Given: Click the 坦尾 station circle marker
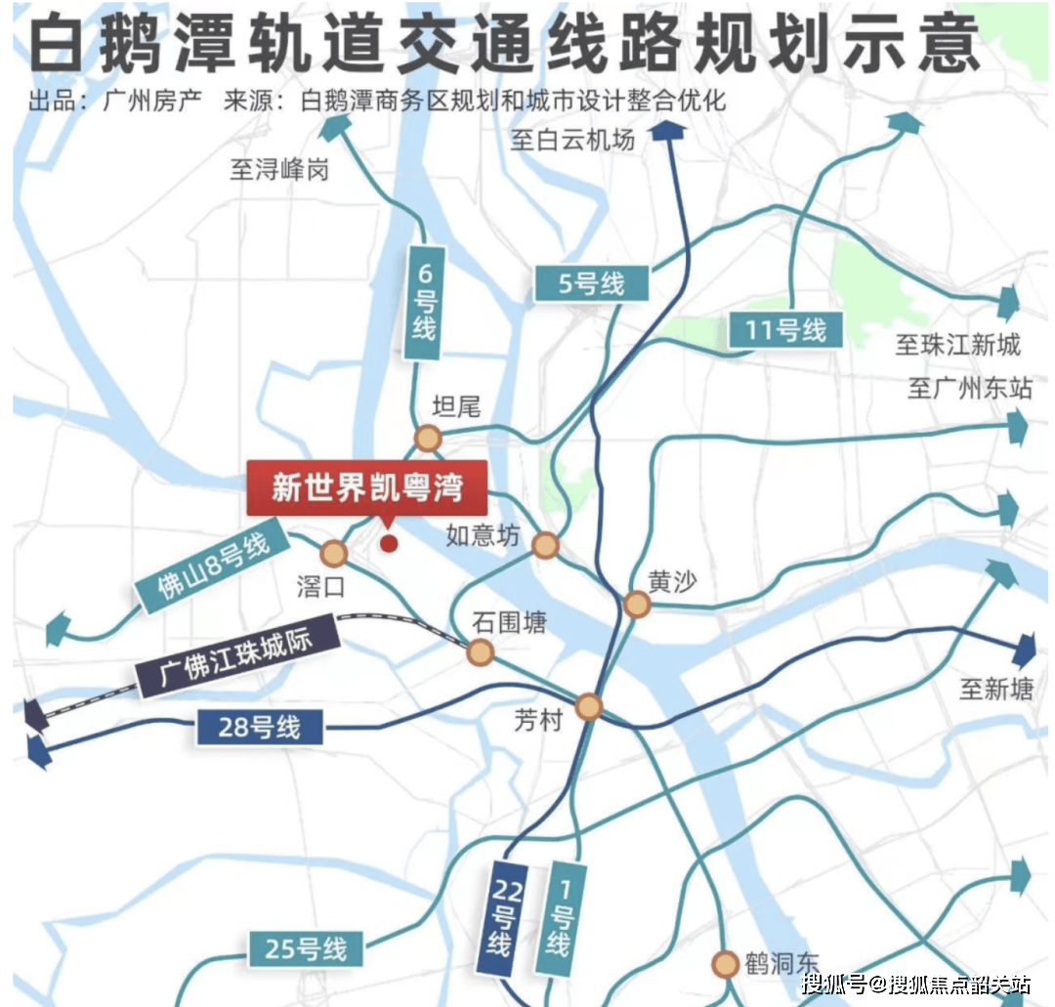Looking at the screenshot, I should point(428,439).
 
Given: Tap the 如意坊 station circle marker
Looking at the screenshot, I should point(545,545).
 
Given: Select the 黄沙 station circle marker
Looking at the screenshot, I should point(637,605).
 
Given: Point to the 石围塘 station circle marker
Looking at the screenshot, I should point(480,652).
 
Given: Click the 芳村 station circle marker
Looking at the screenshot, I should point(589,705).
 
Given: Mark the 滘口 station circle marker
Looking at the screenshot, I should point(334,554).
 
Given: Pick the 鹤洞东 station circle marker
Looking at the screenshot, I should point(725,965).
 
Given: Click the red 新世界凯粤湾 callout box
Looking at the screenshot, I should point(366,485).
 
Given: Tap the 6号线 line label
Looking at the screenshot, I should point(422,302).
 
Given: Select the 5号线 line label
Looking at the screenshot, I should point(592,284).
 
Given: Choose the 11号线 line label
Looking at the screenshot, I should point(784,329).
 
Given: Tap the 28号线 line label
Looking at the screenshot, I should point(259,728).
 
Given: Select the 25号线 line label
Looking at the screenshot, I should point(305,948).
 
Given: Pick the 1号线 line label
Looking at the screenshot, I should point(559,917).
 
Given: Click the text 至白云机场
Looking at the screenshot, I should point(572,140).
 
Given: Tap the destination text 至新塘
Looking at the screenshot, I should point(995,690).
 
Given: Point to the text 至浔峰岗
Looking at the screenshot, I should point(279,170).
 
